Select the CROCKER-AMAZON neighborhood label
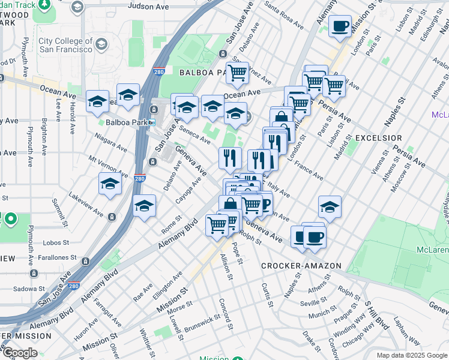[x=301, y=265]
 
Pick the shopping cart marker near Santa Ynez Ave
[x=238, y=73]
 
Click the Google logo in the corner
[x=20, y=353]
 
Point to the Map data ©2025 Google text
[x=411, y=355]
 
